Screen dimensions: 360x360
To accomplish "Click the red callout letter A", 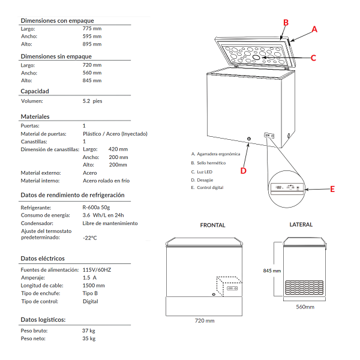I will tap(315, 29).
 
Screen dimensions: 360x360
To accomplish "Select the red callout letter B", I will tap(286, 22).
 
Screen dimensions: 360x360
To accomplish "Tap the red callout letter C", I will tap(313, 58).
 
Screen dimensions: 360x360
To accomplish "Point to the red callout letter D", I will tap(243, 170).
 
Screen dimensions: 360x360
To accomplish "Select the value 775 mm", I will tap(92, 29).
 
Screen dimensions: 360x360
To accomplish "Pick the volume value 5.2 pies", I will tap(93, 101).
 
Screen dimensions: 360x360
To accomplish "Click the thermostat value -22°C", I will tap(91, 238).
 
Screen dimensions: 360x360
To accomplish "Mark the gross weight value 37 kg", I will tap(89, 331).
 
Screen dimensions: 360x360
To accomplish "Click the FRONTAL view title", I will tap(213, 226).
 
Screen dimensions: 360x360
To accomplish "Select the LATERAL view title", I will tap(301, 225).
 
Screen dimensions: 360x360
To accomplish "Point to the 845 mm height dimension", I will tap(272, 271).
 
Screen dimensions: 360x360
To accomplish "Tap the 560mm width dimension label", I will tap(305, 307).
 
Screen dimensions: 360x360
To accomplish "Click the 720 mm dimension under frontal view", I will tap(205, 321).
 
